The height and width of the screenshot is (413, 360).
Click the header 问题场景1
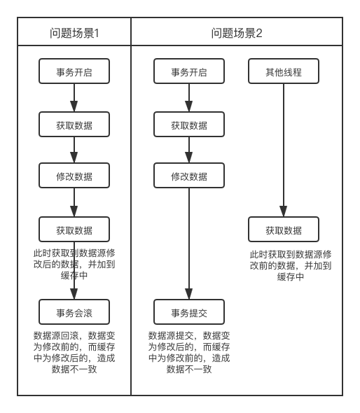click(74, 33)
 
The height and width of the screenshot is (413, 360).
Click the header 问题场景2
click(237, 33)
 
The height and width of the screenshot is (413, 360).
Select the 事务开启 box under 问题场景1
click(74, 71)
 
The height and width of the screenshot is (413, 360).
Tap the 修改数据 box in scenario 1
click(74, 176)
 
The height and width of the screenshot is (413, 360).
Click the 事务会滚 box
click(74, 312)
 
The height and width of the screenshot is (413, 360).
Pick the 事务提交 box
click(189, 312)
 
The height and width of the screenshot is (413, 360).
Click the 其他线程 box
click(284, 71)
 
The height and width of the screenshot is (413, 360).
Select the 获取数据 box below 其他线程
click(284, 229)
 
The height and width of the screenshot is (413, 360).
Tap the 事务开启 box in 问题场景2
click(189, 71)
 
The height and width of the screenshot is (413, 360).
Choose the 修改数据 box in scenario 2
click(189, 176)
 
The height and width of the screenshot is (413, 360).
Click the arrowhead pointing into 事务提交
click(189, 294)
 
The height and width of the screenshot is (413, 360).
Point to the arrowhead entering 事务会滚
click(74, 294)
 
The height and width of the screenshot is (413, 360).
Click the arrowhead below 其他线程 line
click(284, 211)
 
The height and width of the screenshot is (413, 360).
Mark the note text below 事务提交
click(189, 352)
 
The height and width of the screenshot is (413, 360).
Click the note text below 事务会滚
click(74, 352)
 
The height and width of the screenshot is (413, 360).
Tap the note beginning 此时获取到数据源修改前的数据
click(291, 265)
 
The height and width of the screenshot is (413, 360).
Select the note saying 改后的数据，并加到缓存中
click(74, 264)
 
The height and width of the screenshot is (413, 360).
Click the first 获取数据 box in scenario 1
click(74, 125)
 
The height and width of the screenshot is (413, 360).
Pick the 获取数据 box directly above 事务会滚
click(74, 229)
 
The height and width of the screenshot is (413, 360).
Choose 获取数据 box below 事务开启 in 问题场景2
click(189, 125)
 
